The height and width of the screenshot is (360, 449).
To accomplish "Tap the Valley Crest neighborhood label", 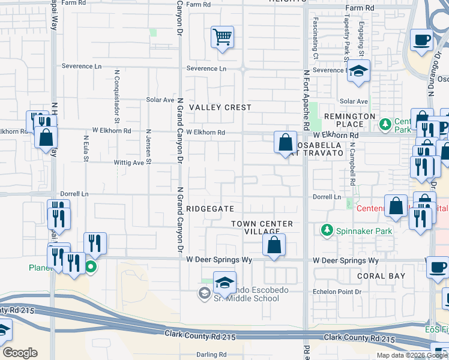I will click(x=220, y=107).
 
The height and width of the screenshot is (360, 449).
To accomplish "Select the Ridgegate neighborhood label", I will click(x=210, y=208).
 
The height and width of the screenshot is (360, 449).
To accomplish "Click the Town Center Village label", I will click(x=262, y=227).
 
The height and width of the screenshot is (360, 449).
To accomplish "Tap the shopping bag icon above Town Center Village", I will click(x=274, y=245).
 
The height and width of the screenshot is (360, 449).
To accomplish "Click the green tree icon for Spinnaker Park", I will click(x=327, y=230).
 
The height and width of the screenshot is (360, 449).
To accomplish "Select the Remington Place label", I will click(x=349, y=120).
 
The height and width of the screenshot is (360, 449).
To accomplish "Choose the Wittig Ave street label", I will click(x=130, y=163).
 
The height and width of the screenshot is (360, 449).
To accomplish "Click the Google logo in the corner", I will click(x=20, y=353).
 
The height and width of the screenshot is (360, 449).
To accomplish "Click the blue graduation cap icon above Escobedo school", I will click(x=224, y=283).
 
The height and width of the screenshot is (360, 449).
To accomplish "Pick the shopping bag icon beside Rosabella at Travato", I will click(x=286, y=143).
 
